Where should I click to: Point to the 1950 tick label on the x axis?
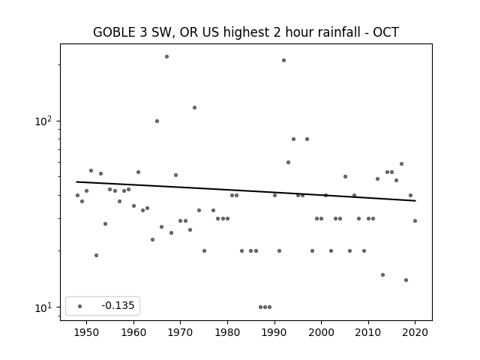click(x=86, y=332)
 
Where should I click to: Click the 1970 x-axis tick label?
click(x=180, y=332)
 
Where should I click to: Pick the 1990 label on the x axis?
click(x=274, y=332)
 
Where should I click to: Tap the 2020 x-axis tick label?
click(x=415, y=332)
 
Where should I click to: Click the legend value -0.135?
click(x=118, y=305)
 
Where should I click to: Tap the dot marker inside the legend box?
click(x=79, y=306)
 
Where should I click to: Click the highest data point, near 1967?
click(x=166, y=57)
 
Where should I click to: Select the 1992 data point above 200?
click(x=283, y=60)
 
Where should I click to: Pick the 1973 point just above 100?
click(x=194, y=107)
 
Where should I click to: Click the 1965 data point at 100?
click(x=157, y=121)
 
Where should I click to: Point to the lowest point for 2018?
click(x=406, y=280)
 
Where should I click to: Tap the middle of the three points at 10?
click(x=265, y=307)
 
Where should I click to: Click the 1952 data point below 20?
click(x=96, y=255)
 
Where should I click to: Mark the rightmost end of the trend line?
click(x=415, y=201)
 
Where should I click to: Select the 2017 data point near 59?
click(x=402, y=163)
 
